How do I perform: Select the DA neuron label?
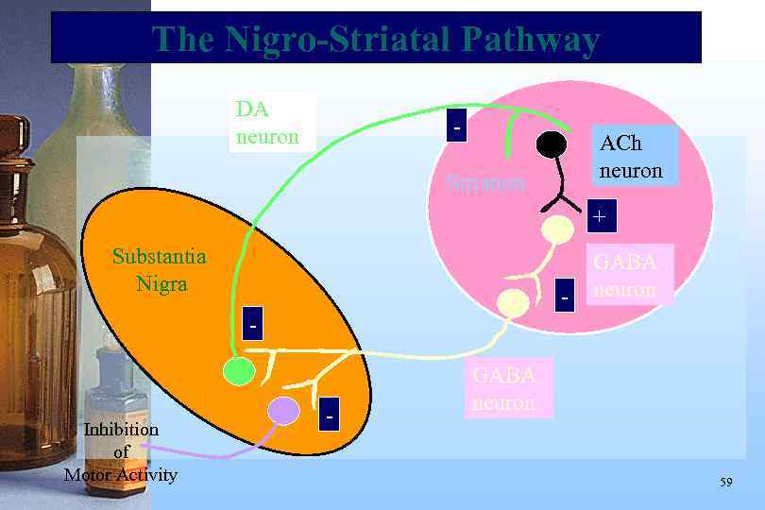tap(267, 123)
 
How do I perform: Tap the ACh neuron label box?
tap(631, 157)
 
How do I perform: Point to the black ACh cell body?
tap(552, 144)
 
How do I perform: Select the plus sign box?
tap(599, 217)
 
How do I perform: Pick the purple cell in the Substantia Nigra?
tap(282, 411)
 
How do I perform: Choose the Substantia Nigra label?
tap(159, 269)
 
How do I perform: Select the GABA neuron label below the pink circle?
tap(503, 388)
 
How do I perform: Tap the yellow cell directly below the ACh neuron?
tap(557, 229)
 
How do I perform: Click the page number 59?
tap(725, 483)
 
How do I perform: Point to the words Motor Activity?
tap(120, 474)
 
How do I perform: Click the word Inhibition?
tap(121, 430)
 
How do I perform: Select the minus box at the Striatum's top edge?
tap(457, 126)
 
